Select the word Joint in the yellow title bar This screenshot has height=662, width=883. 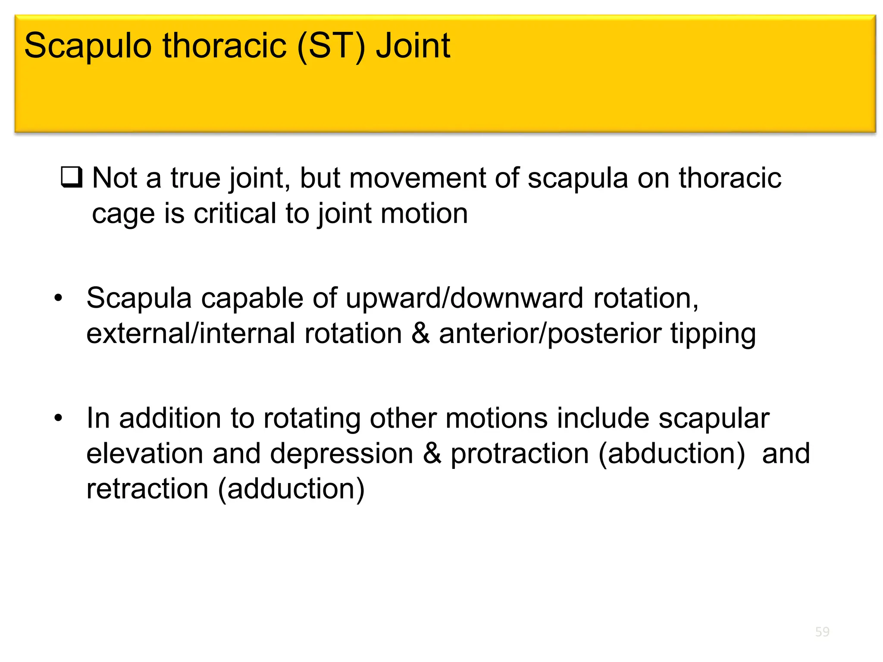click(413, 46)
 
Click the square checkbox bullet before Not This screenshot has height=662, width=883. click(71, 177)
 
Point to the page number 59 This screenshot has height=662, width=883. click(822, 632)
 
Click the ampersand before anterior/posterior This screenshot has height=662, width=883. click(421, 334)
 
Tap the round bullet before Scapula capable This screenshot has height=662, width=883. click(58, 298)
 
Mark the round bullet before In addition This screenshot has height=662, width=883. click(58, 418)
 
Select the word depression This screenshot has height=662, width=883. click(341, 454)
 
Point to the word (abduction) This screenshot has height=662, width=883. click(671, 454)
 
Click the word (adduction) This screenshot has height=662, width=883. click(291, 490)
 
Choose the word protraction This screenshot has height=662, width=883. click(520, 454)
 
